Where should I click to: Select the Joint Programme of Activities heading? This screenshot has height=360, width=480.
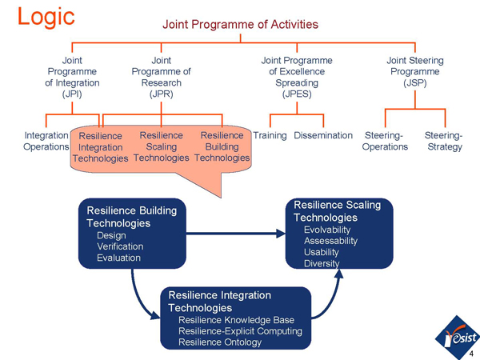click(x=240, y=24)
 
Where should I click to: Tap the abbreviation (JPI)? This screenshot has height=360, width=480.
click(x=72, y=94)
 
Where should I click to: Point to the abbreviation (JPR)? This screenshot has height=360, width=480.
click(x=161, y=94)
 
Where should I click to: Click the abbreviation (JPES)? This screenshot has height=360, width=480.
click(x=296, y=94)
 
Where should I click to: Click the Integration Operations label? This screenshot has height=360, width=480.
click(x=46, y=142)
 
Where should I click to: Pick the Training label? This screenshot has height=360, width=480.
click(x=270, y=136)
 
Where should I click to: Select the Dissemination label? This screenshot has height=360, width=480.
click(x=323, y=136)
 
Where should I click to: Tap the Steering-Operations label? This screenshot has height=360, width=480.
click(x=385, y=142)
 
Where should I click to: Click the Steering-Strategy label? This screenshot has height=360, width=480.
click(x=444, y=142)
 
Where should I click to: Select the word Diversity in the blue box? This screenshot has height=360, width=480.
click(x=322, y=263)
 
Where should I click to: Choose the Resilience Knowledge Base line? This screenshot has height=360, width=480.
click(x=236, y=320)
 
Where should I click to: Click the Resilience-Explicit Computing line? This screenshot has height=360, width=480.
click(x=240, y=331)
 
